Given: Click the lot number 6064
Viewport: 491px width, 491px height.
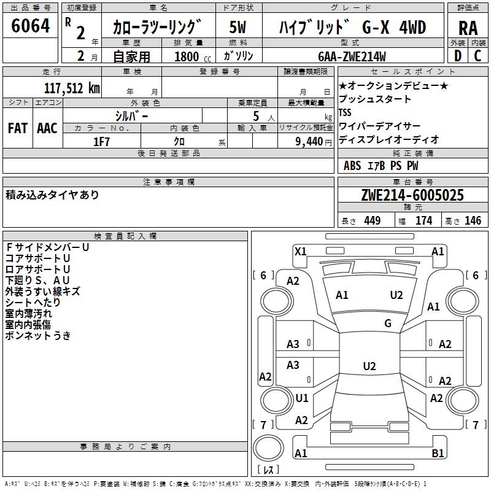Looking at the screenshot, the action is click(x=31, y=25).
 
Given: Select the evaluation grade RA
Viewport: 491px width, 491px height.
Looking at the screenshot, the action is click(x=468, y=28).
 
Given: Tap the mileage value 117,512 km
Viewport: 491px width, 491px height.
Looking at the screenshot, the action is click(x=72, y=88).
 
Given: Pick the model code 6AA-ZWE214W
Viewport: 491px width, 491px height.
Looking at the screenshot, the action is click(x=352, y=56).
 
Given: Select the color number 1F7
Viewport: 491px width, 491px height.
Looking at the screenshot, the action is click(x=101, y=141).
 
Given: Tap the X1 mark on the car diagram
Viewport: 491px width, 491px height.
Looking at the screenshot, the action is click(x=301, y=251).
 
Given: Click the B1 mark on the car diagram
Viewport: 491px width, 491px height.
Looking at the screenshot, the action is click(x=438, y=454).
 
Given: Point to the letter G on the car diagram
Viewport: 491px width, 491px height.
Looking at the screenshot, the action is click(x=388, y=323).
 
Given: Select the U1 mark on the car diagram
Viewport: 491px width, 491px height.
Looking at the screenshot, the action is click(x=302, y=398).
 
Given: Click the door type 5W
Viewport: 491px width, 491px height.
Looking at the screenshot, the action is click(x=238, y=28).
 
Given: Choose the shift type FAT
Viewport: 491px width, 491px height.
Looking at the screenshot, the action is click(x=17, y=128).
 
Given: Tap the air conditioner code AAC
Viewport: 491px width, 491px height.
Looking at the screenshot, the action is click(x=47, y=128).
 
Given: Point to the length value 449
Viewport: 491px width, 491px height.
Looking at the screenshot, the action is click(x=373, y=221).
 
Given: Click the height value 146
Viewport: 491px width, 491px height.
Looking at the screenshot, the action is click(x=473, y=221).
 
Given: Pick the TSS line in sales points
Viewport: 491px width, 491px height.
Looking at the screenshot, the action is click(x=345, y=113).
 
